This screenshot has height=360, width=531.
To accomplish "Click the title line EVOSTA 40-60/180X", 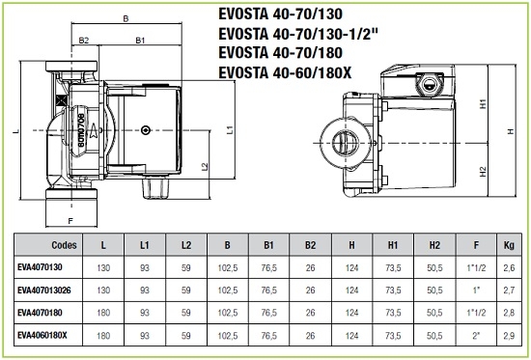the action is pos(285,72).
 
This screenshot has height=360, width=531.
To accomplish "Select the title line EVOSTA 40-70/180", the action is pos(280,53).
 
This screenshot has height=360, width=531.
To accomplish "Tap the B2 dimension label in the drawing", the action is pos(84,41).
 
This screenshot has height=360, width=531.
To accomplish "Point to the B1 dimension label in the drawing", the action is pos(140,41).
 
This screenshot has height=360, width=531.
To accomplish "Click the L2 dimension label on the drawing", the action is pos(205,167).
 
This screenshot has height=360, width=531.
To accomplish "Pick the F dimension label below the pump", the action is pos(70,221).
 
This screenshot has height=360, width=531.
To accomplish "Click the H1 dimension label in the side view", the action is pos(484,103).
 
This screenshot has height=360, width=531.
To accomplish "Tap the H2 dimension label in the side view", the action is pos(484,172).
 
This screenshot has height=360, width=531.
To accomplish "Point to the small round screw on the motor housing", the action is pos(146,130).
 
